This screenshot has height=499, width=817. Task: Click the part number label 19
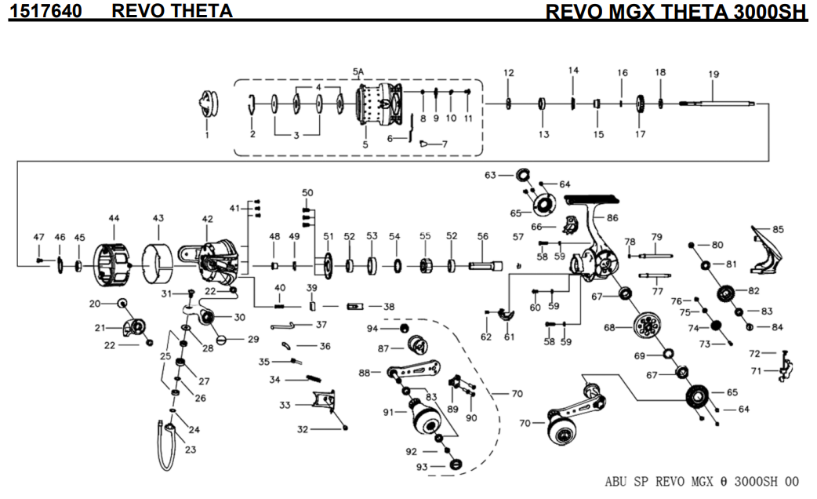[x=714, y=75]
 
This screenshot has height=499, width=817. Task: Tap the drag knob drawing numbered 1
[x=208, y=103]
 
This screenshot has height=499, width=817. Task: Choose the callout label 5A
[x=358, y=71]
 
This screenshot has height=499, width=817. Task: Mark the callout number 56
[x=483, y=236]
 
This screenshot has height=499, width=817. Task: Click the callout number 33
[x=285, y=406]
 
